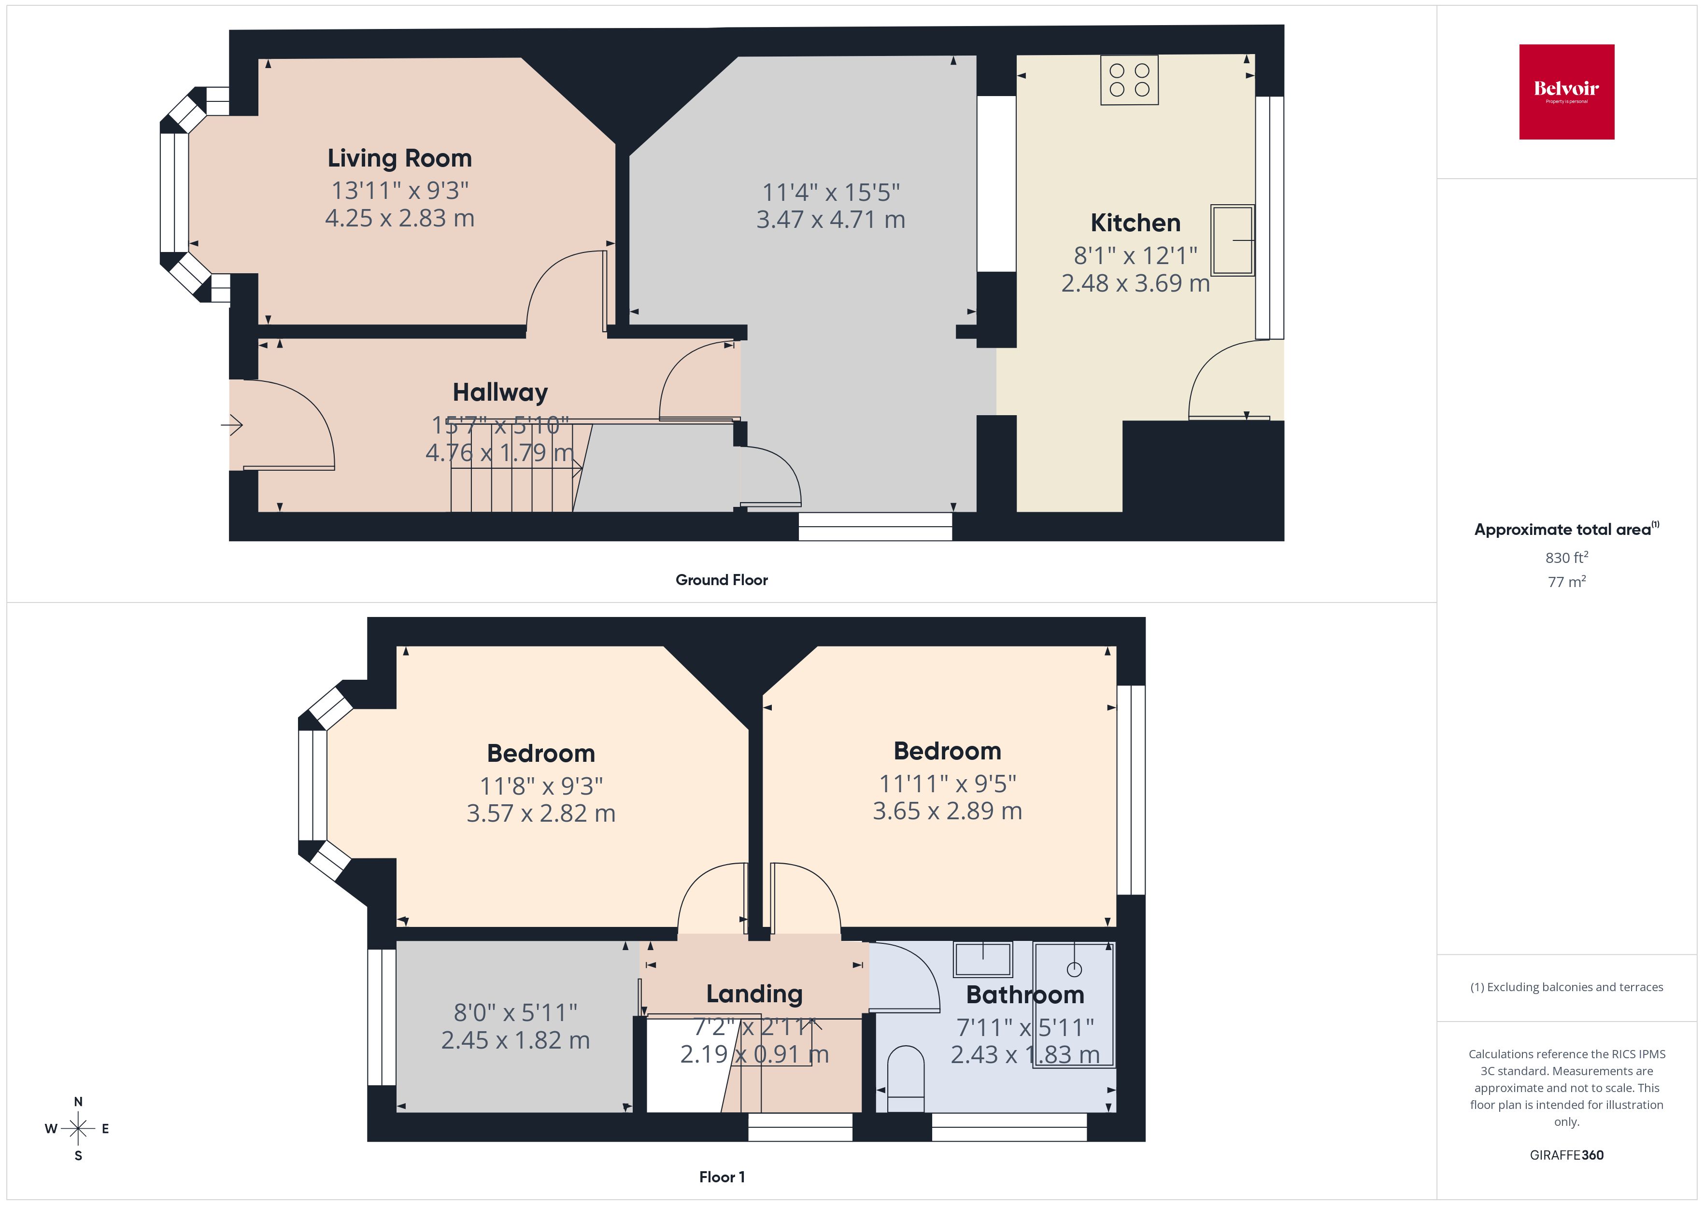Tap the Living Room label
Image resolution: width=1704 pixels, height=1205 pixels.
(399, 158)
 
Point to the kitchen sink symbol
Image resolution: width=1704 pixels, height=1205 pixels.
(1232, 239)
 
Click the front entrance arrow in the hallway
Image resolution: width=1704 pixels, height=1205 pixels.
(232, 425)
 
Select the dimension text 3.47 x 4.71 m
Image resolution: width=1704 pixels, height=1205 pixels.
(830, 220)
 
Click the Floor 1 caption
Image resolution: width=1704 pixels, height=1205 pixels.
(722, 1177)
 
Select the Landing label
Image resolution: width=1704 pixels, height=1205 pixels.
(754, 994)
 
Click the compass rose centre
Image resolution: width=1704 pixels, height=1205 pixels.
(78, 1129)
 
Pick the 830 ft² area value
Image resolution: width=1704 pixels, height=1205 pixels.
(1566, 557)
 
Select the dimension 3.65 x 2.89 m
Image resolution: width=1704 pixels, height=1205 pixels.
(947, 811)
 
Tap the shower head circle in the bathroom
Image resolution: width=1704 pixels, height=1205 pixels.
(1074, 969)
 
